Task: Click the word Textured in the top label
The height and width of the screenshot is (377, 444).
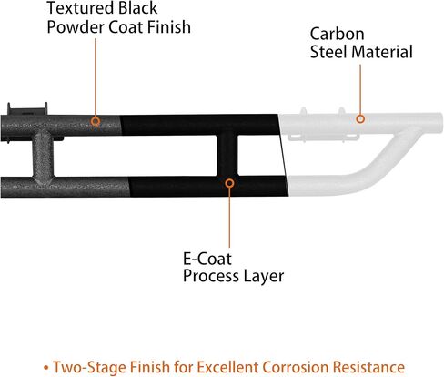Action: coord(81,8)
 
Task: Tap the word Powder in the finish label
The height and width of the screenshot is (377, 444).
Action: coord(76,27)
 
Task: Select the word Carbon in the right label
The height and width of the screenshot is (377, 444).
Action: coord(337,34)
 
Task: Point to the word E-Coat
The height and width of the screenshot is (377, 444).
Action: coord(207,259)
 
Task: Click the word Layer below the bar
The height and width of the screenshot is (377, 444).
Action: coord(263,277)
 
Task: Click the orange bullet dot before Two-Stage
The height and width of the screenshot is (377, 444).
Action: coord(46,368)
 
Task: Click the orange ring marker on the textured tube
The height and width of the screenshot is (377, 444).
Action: coord(96,121)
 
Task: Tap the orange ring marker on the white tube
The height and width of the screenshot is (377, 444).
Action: coord(360,118)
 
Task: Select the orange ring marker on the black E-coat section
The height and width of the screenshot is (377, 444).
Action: coord(229,183)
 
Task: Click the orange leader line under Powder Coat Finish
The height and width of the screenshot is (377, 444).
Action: coord(96,77)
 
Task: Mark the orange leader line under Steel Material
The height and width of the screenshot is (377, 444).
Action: coord(360,89)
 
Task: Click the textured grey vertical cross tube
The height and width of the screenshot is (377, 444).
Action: coord(44,156)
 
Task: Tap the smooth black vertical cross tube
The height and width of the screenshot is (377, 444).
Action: coord(227,155)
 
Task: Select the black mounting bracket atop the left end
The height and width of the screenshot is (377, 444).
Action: coord(27,109)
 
